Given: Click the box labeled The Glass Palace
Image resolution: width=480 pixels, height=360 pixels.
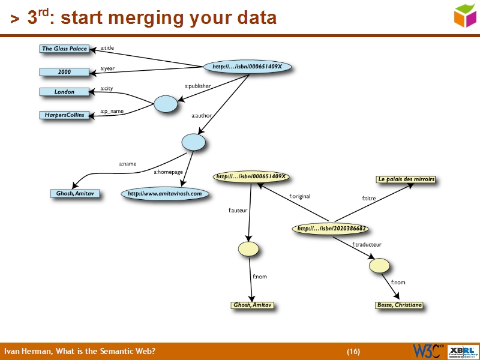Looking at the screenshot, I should click(64, 49).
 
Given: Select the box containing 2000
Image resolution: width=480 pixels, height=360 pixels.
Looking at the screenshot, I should click(64, 72).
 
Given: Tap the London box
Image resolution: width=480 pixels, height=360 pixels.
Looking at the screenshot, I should click(64, 92).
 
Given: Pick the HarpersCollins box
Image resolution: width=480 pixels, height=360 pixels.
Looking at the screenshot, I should click(64, 115).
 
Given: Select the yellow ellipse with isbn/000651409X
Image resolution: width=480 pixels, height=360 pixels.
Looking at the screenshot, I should click(251, 177).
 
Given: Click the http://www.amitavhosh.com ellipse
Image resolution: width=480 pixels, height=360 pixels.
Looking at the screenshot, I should click(165, 194).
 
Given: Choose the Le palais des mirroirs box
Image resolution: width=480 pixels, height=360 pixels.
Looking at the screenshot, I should click(406, 179).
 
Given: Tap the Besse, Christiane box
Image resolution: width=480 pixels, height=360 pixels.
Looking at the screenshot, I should click(399, 305).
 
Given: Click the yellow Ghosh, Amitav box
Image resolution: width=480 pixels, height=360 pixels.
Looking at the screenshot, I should click(253, 305).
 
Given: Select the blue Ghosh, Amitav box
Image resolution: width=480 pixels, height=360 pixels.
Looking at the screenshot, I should click(75, 194).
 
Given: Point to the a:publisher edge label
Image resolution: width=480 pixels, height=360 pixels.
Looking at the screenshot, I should click(197, 86).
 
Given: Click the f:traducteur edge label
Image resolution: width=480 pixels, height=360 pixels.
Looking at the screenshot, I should click(367, 244).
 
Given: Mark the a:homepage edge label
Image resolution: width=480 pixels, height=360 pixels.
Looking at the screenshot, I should click(168, 172).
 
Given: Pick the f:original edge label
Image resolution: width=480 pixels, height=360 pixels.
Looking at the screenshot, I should click(299, 196).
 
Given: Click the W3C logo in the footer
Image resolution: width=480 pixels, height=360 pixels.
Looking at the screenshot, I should click(428, 351).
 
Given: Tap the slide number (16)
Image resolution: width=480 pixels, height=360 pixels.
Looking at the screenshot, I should click(353, 351).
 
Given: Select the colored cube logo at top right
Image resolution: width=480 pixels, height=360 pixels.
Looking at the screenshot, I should click(465, 15).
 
